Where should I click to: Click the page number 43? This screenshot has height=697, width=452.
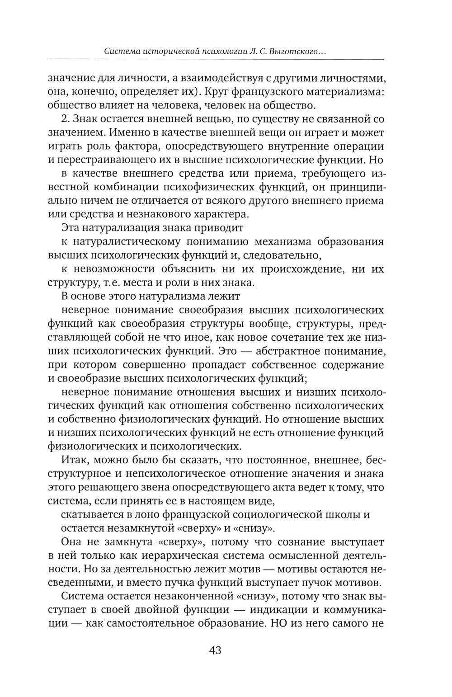(x=215, y=650)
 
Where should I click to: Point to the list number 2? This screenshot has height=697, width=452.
(x=64, y=119)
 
